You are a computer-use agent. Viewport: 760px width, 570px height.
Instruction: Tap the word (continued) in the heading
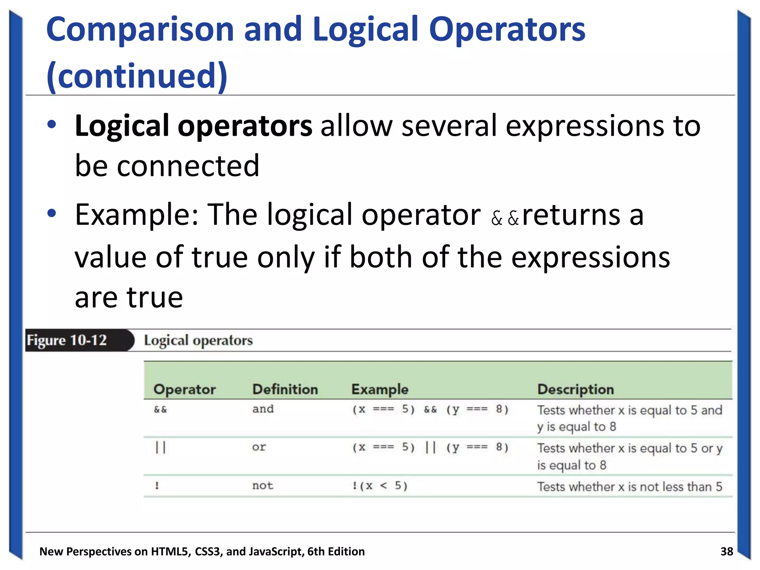pyautogui.click(x=137, y=76)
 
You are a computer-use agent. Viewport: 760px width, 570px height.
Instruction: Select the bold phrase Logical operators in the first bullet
pyautogui.click(x=193, y=126)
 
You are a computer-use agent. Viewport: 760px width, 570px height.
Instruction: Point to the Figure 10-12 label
pyautogui.click(x=67, y=340)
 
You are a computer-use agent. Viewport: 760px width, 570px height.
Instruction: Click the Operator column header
pyautogui.click(x=184, y=389)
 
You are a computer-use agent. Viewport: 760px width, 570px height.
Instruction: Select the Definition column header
pyautogui.click(x=285, y=389)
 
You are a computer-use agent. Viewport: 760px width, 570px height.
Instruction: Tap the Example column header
pyautogui.click(x=380, y=389)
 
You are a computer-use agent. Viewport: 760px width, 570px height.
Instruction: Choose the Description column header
pyautogui.click(x=576, y=389)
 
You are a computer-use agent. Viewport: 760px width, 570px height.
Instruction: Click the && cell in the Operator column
pyautogui.click(x=160, y=410)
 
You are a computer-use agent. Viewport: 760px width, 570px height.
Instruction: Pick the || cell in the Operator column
pyautogui.click(x=160, y=448)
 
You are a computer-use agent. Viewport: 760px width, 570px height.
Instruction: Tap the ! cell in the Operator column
pyautogui.click(x=157, y=486)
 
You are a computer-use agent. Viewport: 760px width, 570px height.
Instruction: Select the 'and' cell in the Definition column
pyautogui.click(x=263, y=409)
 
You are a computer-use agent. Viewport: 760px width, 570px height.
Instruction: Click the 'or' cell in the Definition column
pyautogui.click(x=259, y=447)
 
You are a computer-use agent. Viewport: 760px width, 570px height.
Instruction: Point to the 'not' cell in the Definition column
pyautogui.click(x=262, y=486)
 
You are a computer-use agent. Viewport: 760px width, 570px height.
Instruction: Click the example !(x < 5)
pyautogui.click(x=380, y=486)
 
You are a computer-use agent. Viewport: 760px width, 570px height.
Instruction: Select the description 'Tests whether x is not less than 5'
pyautogui.click(x=629, y=487)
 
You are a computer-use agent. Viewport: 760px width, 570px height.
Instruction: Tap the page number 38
pyautogui.click(x=727, y=551)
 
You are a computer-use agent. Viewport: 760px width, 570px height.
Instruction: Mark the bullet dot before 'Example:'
pyautogui.click(x=52, y=213)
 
